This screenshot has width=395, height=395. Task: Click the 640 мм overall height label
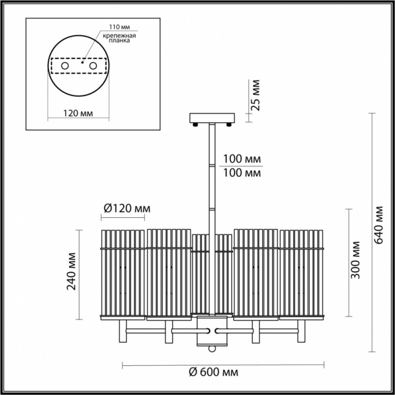point(378,225)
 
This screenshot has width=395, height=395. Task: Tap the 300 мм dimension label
point(355,260)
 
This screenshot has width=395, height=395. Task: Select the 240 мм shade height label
point(71,271)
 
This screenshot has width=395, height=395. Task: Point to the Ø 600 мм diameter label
point(214,372)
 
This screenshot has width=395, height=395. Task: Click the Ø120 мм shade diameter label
point(127,208)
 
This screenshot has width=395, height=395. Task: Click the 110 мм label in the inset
point(119,27)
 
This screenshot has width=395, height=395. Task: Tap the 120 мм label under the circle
point(78,114)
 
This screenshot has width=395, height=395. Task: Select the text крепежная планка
point(119,38)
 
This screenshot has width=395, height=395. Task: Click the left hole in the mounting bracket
point(65,66)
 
